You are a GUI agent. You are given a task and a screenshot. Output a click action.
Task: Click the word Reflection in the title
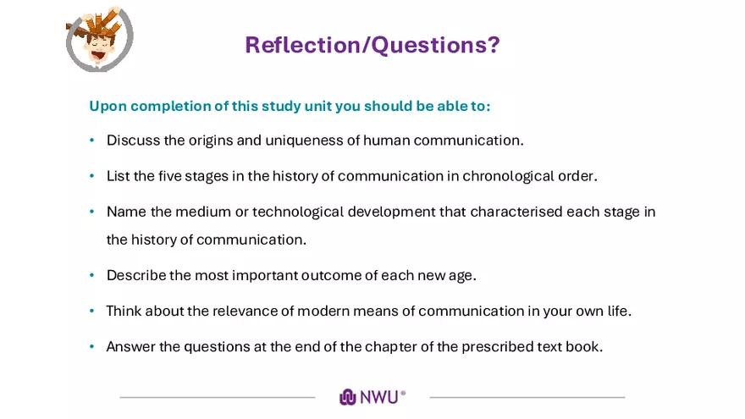[x=302, y=45]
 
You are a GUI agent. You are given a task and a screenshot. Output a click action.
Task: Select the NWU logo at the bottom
[x=372, y=397]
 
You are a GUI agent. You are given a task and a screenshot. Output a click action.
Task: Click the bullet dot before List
[x=92, y=176]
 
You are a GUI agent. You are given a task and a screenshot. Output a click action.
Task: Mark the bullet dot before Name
[x=92, y=212]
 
